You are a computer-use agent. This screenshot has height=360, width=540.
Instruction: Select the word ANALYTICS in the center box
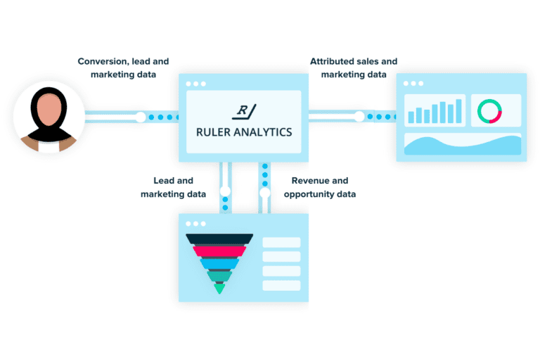point(262,131)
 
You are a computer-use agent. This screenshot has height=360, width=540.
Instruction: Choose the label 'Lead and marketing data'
point(173,187)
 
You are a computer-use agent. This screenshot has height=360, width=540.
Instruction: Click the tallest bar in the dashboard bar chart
point(459,110)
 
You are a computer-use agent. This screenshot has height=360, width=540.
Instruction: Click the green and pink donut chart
point(489,111)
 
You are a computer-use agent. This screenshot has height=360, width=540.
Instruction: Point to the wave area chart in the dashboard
point(462,145)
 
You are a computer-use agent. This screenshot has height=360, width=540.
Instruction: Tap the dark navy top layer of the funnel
point(219,239)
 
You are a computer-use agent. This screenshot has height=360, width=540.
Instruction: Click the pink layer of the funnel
point(219,251)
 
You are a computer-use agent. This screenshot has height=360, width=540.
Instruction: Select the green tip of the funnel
point(219,288)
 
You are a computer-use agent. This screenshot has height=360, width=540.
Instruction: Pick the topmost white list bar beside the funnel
point(281,243)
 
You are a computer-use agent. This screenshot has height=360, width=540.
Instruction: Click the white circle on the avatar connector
point(141,117)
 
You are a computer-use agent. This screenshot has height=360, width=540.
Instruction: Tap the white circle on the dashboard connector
point(359,117)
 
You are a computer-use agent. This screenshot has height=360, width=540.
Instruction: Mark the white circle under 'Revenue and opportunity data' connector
point(265,192)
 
